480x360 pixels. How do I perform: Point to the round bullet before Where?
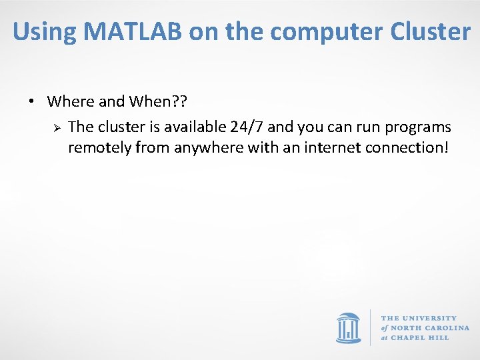(x=32, y=102)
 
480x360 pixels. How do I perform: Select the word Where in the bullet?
(x=71, y=102)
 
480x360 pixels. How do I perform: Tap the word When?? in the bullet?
(x=158, y=102)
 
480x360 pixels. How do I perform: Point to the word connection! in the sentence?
(x=407, y=147)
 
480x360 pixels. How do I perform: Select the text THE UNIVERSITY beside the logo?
(x=419, y=319)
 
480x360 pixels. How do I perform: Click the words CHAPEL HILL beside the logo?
(x=420, y=337)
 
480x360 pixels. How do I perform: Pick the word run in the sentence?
(x=365, y=127)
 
